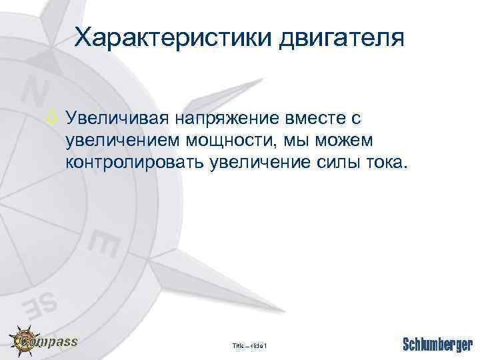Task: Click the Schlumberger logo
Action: pyautogui.click(x=437, y=345)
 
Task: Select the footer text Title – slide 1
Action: pyautogui.click(x=249, y=345)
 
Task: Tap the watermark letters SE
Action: pyautogui.click(x=42, y=303)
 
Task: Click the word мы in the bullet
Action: pyautogui.click(x=299, y=141)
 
